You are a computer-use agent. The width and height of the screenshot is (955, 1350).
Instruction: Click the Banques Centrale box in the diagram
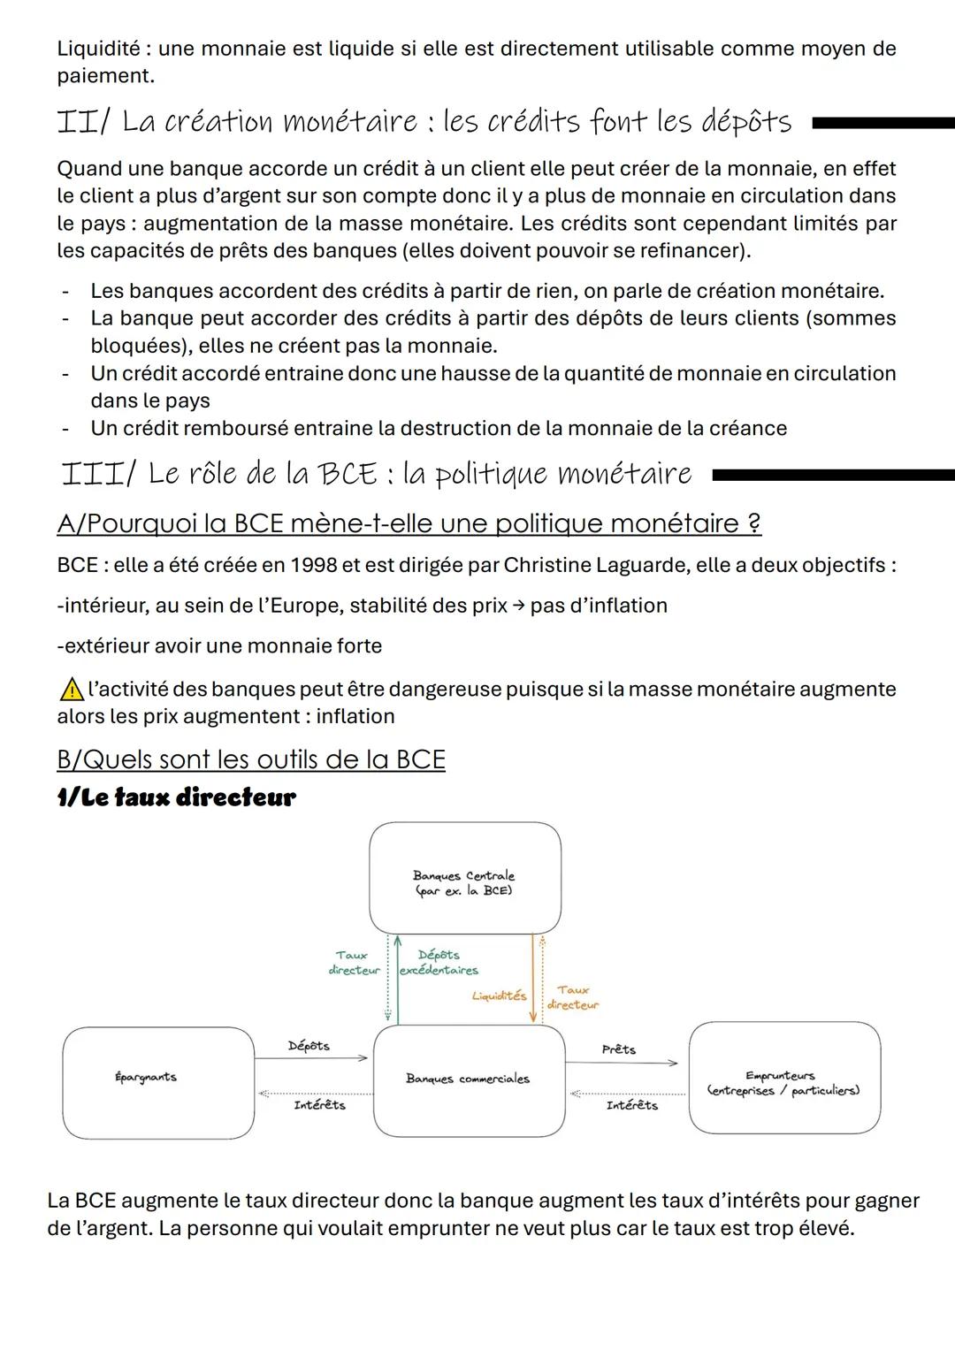pyautogui.click(x=465, y=878)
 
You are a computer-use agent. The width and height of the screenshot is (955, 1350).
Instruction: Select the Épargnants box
pyautogui.click(x=158, y=1082)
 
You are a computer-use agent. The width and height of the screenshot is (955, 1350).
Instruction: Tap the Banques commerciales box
pyautogui.click(x=469, y=1079)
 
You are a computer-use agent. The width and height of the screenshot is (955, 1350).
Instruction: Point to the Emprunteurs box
pyautogui.click(x=784, y=1077)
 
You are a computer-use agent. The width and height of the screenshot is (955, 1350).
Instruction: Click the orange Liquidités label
pyautogui.click(x=499, y=996)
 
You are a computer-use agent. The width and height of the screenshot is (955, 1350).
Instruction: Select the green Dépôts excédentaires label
pyautogui.click(x=439, y=963)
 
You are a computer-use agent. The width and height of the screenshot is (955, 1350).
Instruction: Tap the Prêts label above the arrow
pyautogui.click(x=618, y=1049)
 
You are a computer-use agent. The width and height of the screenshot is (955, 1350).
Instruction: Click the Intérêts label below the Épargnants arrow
pyautogui.click(x=319, y=1105)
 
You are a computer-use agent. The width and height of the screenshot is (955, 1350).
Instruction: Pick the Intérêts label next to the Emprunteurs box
pyautogui.click(x=631, y=1106)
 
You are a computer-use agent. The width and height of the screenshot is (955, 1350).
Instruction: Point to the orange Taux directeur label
pyautogui.click(x=573, y=998)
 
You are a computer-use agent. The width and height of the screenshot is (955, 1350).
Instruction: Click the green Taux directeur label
pyautogui.click(x=353, y=963)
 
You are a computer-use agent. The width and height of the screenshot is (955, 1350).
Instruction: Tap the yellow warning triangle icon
pyautogui.click(x=69, y=689)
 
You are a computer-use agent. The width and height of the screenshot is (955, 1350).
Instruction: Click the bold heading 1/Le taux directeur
pyautogui.click(x=176, y=797)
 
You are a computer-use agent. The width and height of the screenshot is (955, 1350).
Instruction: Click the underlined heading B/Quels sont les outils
pyautogui.click(x=250, y=759)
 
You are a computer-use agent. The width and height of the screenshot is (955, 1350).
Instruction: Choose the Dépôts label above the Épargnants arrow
pyautogui.click(x=309, y=1046)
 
